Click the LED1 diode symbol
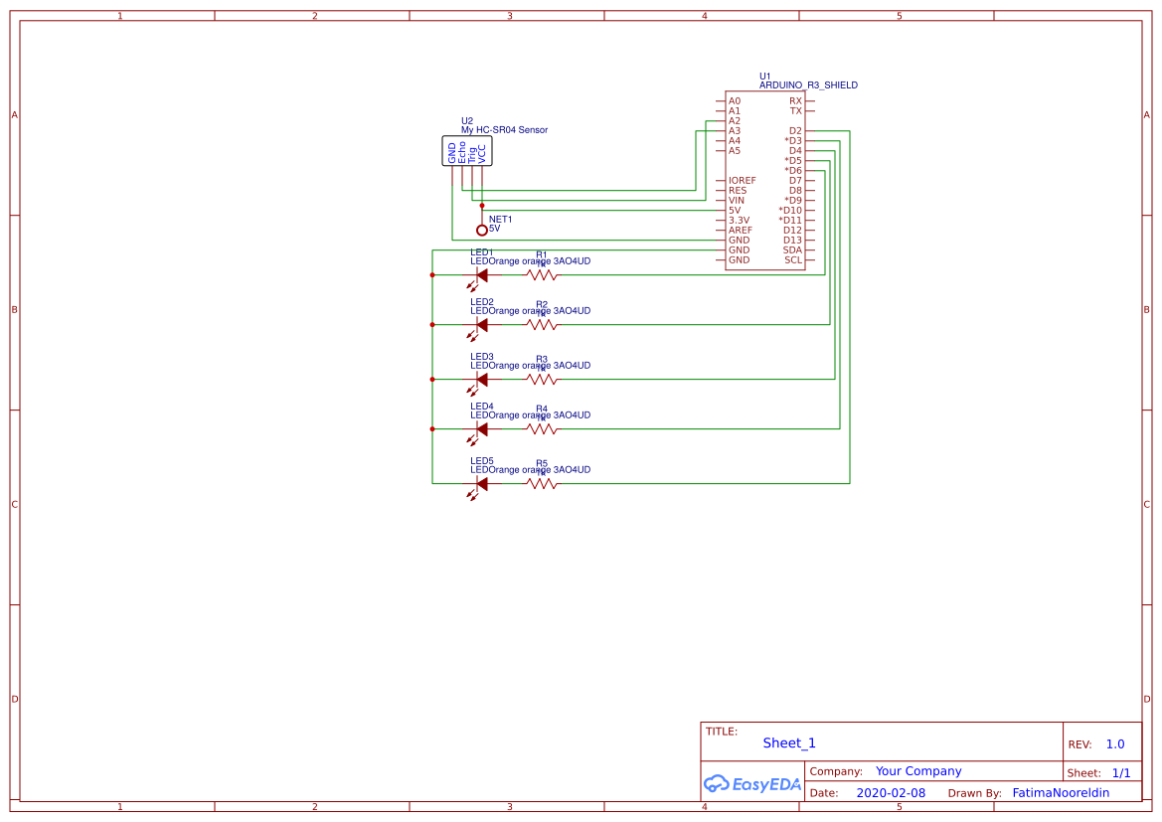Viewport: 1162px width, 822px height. pyautogui.click(x=481, y=275)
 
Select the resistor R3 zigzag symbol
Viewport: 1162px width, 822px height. pyautogui.click(x=542, y=380)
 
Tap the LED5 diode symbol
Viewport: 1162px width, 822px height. pyautogui.click(x=481, y=484)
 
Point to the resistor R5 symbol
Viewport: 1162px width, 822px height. pyautogui.click(x=542, y=484)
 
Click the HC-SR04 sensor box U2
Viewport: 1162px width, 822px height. pyautogui.click(x=467, y=152)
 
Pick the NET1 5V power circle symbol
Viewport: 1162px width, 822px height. pyautogui.click(x=482, y=230)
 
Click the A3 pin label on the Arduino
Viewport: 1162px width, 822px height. pyautogui.click(x=735, y=131)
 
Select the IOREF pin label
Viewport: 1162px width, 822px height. pyautogui.click(x=742, y=181)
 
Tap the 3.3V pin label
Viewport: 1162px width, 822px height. pyautogui.click(x=739, y=221)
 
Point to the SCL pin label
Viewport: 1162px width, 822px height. pyautogui.click(x=793, y=260)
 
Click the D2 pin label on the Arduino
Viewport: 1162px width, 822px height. pyautogui.click(x=795, y=131)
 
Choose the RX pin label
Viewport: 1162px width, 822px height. pyautogui.click(x=795, y=101)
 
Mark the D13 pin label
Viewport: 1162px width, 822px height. pyautogui.click(x=792, y=241)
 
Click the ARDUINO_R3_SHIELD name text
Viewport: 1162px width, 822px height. pyautogui.click(x=808, y=85)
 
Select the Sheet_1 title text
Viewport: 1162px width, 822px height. pyautogui.click(x=789, y=743)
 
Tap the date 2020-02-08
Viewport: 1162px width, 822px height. pyautogui.click(x=891, y=793)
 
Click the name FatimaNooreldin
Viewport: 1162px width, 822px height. pyautogui.click(x=1061, y=793)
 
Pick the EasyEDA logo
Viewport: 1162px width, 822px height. pyautogui.click(x=752, y=783)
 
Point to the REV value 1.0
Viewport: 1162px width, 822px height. pyautogui.click(x=1115, y=744)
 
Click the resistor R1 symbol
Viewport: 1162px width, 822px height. pyautogui.click(x=542, y=275)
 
